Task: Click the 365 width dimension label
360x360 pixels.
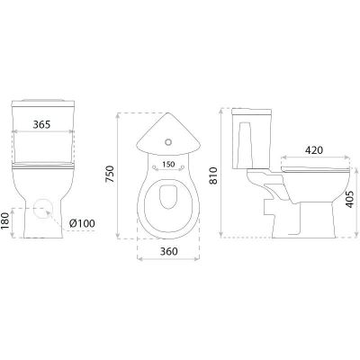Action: pos(41,124)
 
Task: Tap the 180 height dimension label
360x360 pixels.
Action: pos(5,222)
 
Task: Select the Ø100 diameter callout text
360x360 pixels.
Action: pos(82,223)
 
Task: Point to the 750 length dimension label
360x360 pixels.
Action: pos(110,174)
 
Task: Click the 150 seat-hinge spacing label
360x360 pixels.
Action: pos(168,165)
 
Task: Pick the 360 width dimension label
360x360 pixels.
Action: pos(168,251)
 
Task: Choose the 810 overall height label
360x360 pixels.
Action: pos(212,175)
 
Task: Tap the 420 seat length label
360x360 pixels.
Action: pos(314,150)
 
